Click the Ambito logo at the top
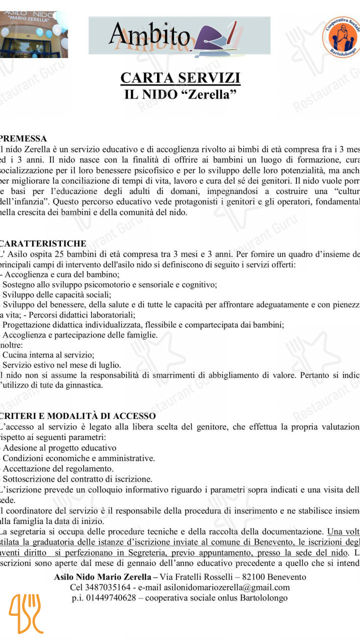point(179,35)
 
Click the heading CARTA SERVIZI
point(180,78)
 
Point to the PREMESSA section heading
point(23,138)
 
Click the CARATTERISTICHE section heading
point(43,243)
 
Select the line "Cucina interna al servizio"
point(48,355)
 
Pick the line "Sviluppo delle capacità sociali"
point(57,294)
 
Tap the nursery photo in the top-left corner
point(34,34)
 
